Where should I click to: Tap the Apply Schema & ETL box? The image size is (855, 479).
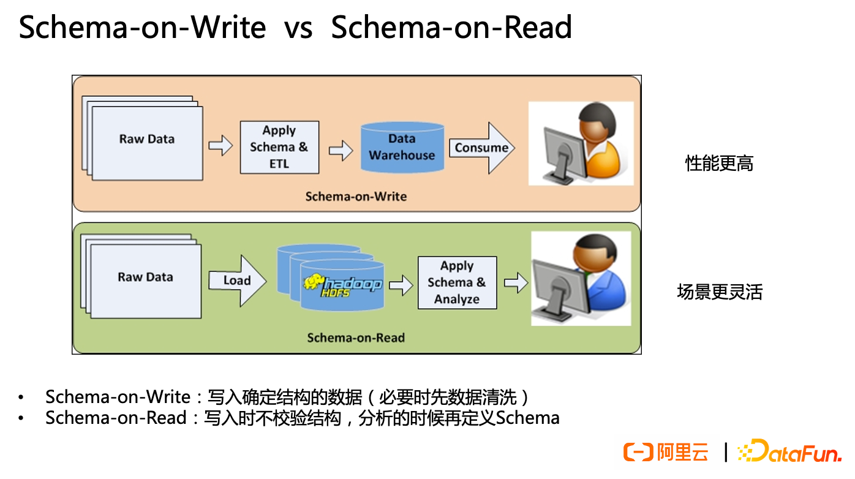(x=279, y=148)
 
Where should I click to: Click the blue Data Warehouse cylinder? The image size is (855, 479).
(x=402, y=148)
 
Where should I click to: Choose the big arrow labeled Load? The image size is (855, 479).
(x=238, y=281)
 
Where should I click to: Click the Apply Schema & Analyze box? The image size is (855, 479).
(x=457, y=282)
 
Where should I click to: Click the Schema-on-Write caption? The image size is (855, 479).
(x=356, y=197)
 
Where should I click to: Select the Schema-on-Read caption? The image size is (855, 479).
(x=356, y=338)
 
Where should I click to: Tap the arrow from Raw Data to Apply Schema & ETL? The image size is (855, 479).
(x=220, y=146)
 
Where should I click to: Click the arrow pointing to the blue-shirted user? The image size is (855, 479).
(x=516, y=282)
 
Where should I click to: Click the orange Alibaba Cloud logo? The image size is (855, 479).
(x=666, y=452)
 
